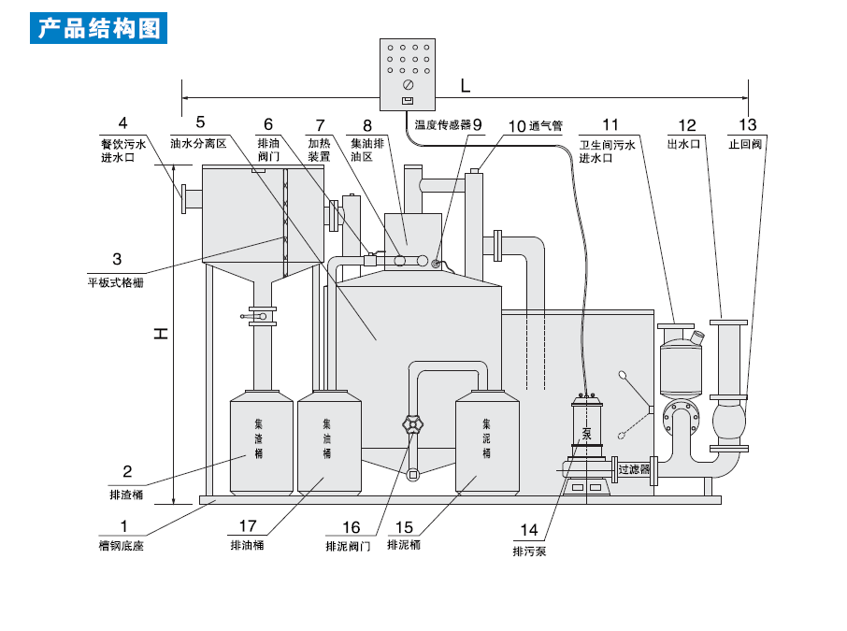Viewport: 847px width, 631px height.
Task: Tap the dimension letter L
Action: pos(466,85)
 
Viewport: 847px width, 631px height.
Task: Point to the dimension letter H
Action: pos(161,332)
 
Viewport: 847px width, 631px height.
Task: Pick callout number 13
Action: pos(747,124)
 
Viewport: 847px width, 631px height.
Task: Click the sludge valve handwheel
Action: pos(411,425)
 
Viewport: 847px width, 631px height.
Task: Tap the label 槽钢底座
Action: pos(122,545)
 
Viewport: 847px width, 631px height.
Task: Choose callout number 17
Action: pos(248,526)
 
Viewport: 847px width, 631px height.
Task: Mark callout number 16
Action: pos(351,526)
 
